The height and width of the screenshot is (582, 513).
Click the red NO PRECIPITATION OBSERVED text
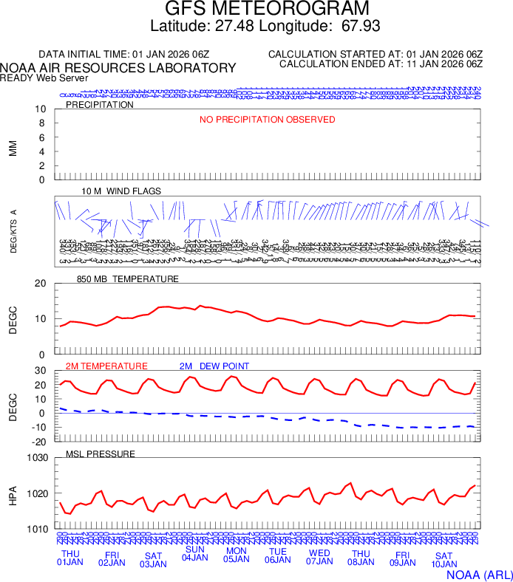(267, 120)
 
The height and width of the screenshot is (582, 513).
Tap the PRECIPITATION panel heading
(100, 105)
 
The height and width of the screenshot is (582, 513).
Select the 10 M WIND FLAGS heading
(121, 191)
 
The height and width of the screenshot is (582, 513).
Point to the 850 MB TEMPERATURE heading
(128, 279)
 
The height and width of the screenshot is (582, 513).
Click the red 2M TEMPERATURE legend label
(106, 366)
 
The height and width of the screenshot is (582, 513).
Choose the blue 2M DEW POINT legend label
(214, 366)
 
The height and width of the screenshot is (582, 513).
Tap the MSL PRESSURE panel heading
(101, 453)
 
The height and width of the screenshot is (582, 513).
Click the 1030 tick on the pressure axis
(36, 458)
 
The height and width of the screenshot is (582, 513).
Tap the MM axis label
(13, 148)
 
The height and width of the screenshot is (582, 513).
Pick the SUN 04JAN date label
(195, 554)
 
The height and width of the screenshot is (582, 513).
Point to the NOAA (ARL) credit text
(479, 573)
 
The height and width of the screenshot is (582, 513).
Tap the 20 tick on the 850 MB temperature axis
(41, 284)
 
